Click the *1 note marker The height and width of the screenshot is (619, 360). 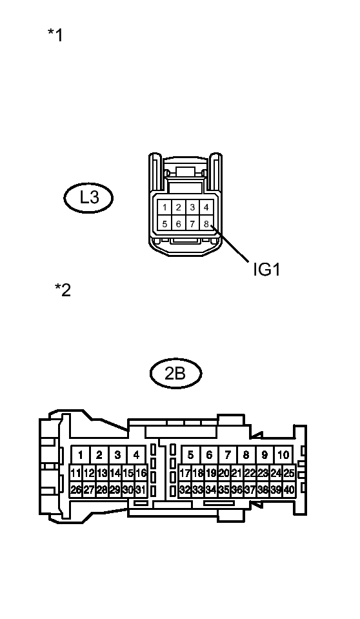pos(55,35)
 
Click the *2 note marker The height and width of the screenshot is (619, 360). pos(63,290)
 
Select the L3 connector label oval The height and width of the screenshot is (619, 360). pos(88,198)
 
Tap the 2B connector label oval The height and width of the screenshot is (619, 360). pos(175,373)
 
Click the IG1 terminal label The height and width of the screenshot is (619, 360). pos(266,269)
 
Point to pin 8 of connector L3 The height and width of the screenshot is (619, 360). pos(206,224)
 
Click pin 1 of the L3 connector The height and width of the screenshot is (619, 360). pos(165,207)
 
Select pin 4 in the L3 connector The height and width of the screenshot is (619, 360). pos(206,207)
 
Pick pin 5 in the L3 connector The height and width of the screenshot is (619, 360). pos(165,224)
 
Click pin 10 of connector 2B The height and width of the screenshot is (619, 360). pos(283,455)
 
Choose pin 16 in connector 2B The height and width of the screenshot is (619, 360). pos(141,473)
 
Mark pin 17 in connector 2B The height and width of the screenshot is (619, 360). pos(185,473)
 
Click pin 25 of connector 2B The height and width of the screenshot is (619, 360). pos(288,473)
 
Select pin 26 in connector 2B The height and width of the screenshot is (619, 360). pos(76,490)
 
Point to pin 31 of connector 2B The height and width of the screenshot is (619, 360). pos(141,490)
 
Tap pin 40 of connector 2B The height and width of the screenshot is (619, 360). pos(288,490)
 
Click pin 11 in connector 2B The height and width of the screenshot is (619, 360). pos(76,473)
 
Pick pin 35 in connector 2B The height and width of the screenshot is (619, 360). pos(224,490)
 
